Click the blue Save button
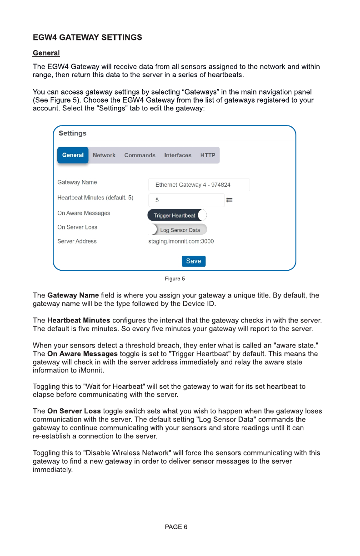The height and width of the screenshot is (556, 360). [x=194, y=261]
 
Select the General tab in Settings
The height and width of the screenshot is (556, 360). [x=73, y=155]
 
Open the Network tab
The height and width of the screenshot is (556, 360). [x=104, y=155]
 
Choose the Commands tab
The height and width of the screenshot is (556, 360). [x=140, y=155]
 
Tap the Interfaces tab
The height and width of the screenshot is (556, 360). [x=178, y=155]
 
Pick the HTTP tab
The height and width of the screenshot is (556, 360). [x=208, y=155]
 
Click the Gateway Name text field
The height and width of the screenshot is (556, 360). [x=199, y=185]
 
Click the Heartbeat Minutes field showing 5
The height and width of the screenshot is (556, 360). [x=186, y=200]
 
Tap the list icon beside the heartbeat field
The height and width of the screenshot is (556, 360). [x=230, y=200]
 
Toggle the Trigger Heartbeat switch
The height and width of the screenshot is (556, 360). [x=177, y=215]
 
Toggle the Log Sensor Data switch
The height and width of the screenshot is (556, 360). [x=179, y=230]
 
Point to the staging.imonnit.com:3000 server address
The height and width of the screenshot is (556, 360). [x=181, y=241]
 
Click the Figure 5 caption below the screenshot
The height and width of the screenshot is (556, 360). [x=175, y=278]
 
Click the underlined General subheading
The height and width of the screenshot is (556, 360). [x=46, y=53]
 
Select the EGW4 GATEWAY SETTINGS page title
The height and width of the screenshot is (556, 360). [x=87, y=37]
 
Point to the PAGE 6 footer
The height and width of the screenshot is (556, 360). [x=176, y=527]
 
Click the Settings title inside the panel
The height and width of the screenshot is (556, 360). [x=72, y=133]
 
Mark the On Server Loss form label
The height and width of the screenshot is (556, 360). [x=77, y=227]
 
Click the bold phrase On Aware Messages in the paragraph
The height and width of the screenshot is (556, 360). [x=82, y=354]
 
